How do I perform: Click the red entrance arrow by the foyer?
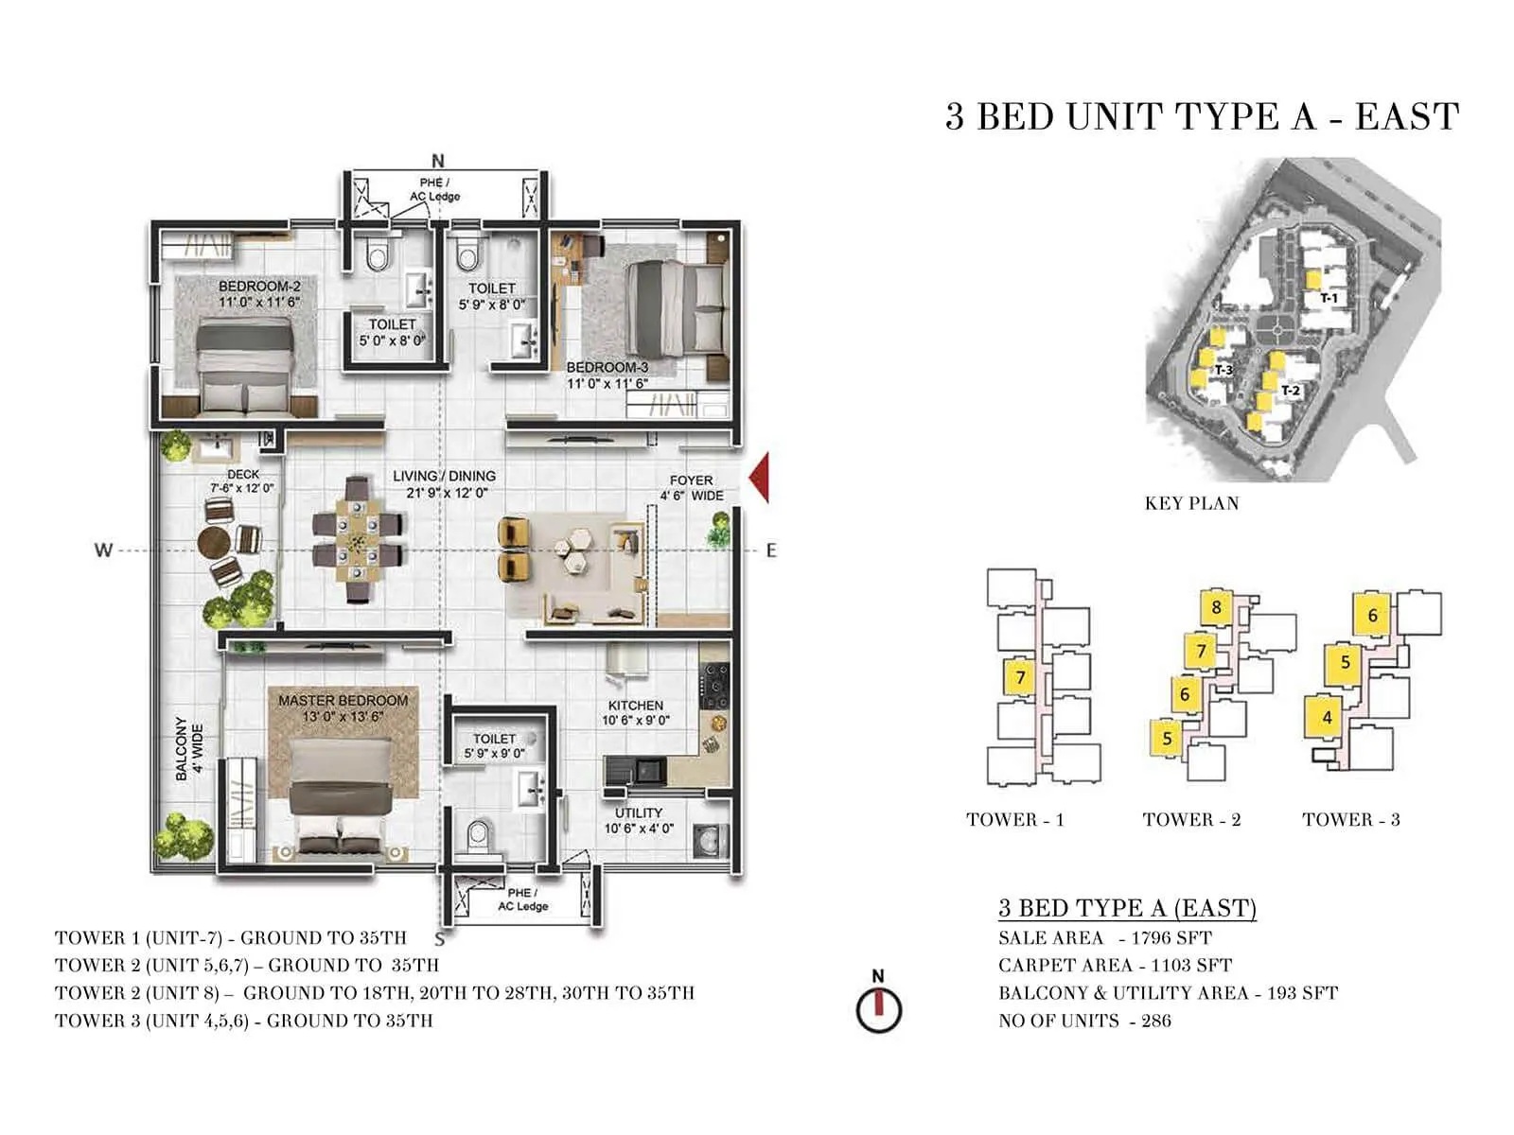pos(760,478)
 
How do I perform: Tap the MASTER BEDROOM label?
pos(343,701)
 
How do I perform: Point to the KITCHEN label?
pos(635,706)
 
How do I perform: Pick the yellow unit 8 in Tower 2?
pos(1216,608)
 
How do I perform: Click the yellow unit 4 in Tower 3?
pos(1326,718)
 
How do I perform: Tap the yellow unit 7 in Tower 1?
pos(1020,677)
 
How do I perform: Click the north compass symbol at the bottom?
pos(878,1008)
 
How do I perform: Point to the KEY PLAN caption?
pos(1191,503)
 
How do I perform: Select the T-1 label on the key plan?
pos(1329,299)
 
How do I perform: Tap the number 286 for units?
pos(1155,1021)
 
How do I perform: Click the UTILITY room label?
pos(639,812)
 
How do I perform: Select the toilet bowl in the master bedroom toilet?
pos(479,835)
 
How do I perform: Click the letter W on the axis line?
pos(103,550)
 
